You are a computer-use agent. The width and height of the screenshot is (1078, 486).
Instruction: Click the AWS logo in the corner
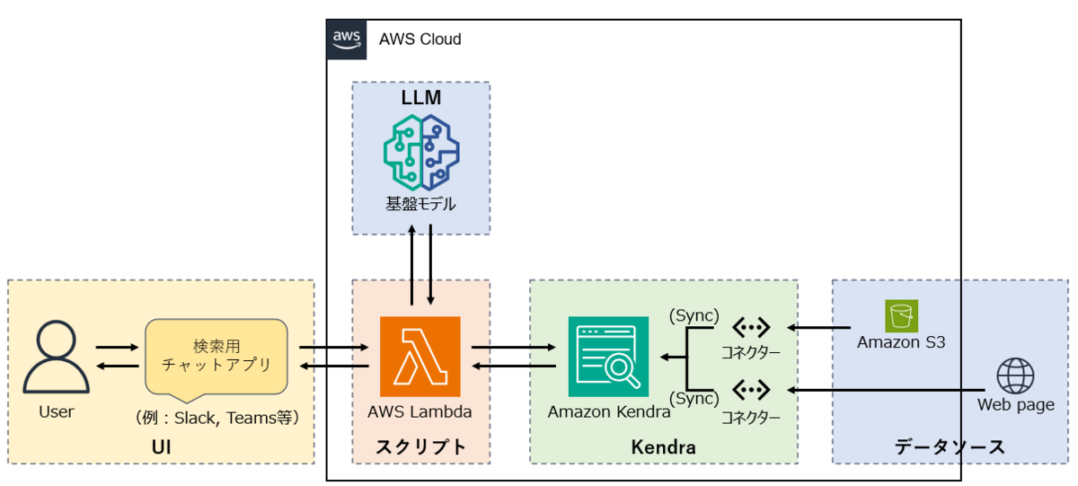pos(347,40)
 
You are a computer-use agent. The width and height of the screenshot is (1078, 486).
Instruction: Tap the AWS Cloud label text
pos(420,40)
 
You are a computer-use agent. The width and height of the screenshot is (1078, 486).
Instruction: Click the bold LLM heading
pos(420,96)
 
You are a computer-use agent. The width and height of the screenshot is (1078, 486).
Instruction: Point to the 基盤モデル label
pos(420,204)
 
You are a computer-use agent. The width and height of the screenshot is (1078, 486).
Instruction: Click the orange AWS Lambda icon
pos(420,357)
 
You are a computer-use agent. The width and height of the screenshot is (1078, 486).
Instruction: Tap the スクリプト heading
pos(420,446)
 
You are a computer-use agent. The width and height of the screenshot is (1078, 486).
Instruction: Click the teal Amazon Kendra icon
pos(608,357)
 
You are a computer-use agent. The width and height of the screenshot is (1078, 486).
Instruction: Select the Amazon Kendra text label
pos(609,412)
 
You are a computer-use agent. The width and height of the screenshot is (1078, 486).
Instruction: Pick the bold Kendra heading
pos(663,446)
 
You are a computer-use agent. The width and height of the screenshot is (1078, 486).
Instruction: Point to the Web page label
pos(1015,405)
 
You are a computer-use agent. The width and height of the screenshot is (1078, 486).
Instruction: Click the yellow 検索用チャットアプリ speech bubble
pos(216,357)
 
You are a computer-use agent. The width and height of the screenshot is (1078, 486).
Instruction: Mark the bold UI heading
pos(161,446)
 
